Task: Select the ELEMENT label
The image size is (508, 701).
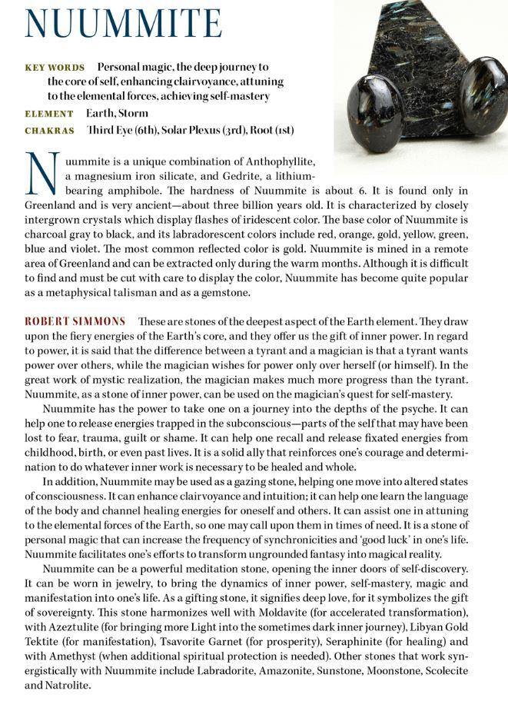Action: tap(49, 114)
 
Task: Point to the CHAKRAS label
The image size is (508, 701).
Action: tap(50, 130)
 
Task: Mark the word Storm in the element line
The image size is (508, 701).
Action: tap(134, 114)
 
